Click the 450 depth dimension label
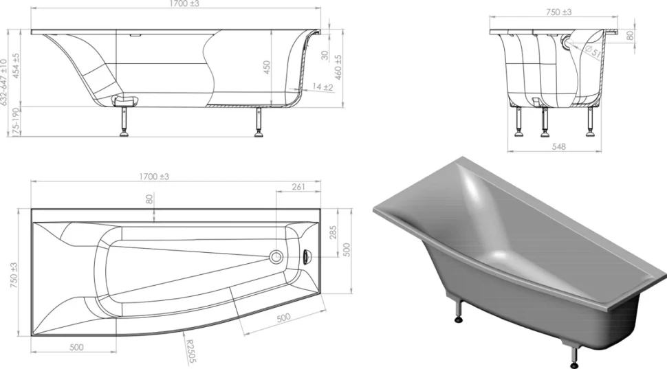(266, 67)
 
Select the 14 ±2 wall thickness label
(323, 87)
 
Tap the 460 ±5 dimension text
(338, 67)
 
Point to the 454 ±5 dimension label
(16, 66)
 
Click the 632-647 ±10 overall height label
(4, 82)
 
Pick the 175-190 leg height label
(17, 122)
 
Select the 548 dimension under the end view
(558, 146)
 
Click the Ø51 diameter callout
(593, 52)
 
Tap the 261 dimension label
(298, 187)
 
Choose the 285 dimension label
(333, 232)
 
